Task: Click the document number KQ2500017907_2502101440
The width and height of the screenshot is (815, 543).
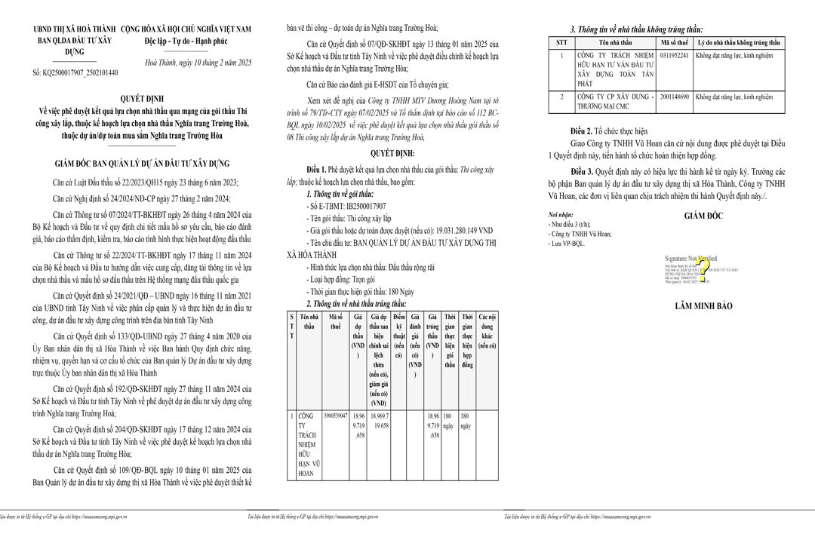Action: click(75, 72)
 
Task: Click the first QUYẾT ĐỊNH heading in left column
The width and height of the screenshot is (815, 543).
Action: click(141, 98)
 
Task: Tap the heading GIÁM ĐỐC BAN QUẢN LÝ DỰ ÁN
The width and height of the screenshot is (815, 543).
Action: click(141, 163)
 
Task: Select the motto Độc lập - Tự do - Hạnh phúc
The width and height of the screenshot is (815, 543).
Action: click(186, 41)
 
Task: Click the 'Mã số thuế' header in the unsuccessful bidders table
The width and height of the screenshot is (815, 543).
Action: click(674, 43)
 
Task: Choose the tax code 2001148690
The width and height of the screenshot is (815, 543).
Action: click(674, 97)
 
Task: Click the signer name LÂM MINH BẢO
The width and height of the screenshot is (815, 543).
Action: click(703, 306)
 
